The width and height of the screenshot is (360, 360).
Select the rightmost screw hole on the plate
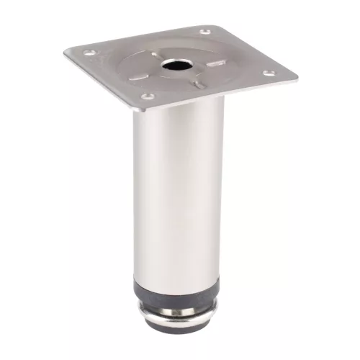tap(269, 73)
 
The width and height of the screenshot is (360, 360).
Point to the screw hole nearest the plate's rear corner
tap(205, 32)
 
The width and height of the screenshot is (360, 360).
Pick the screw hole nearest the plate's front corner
tap(147, 96)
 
